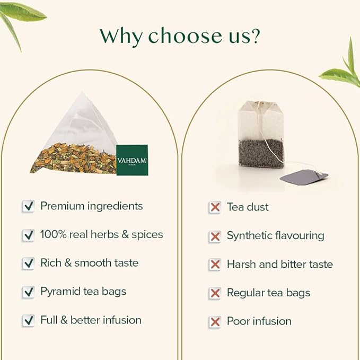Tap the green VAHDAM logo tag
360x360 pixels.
coord(132,160)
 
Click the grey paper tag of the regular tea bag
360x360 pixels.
coord(304,177)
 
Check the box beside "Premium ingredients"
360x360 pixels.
coord(28,206)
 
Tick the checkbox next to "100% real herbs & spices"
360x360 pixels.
coord(28,235)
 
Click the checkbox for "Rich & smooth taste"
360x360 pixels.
coord(28,264)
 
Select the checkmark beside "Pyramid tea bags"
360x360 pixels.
coord(28,292)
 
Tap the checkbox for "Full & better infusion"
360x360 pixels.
coord(28,321)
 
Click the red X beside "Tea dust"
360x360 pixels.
coord(215,207)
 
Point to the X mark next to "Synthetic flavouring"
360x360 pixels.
coord(215,236)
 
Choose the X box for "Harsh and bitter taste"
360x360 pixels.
coord(215,265)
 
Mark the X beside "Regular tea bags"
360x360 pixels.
coord(215,293)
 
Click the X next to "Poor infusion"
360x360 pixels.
coord(215,322)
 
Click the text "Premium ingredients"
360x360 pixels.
coord(92,206)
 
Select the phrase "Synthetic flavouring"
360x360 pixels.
coord(275,235)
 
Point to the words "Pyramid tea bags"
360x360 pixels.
coord(83,292)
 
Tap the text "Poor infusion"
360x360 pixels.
coord(259,321)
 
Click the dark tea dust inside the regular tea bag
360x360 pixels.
coord(260,153)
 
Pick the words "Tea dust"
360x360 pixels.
coord(248,207)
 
